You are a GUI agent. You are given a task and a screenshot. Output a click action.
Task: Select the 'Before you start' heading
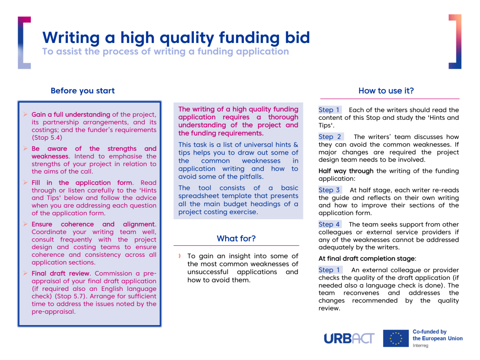point(83,91)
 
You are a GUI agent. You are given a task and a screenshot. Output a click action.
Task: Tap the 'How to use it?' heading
point(386,91)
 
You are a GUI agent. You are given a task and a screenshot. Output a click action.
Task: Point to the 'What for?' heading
point(236,238)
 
